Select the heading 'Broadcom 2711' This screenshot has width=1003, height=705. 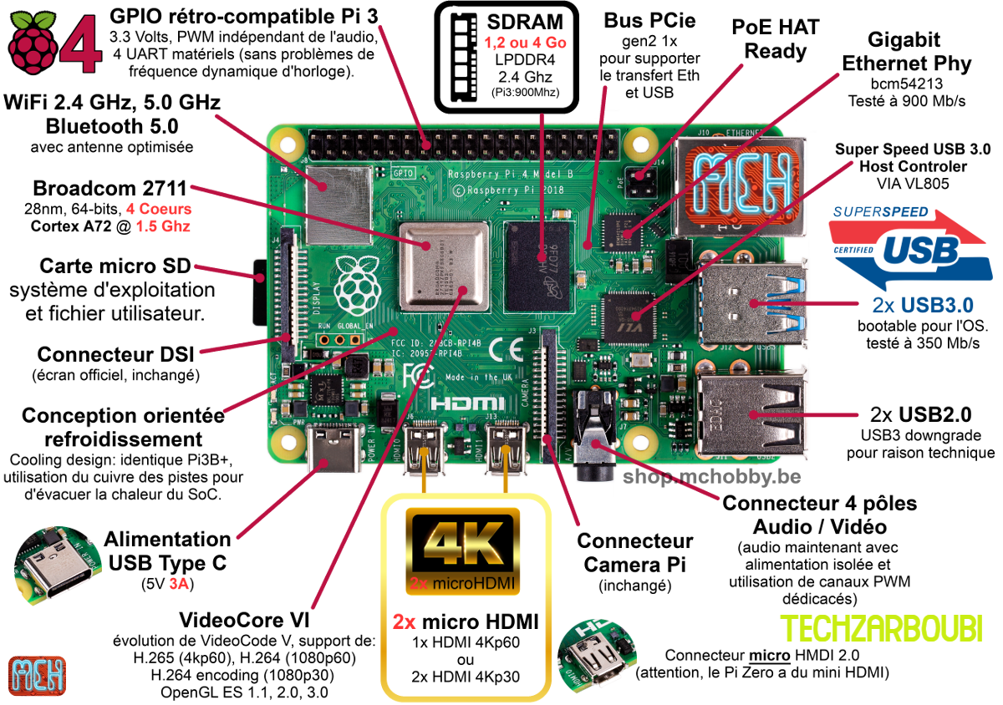[x=109, y=188]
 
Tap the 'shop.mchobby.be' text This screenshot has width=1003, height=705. [x=711, y=477]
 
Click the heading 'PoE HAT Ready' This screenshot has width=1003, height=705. [x=776, y=39]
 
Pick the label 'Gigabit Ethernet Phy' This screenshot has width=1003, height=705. [x=907, y=52]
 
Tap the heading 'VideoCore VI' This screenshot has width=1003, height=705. [x=244, y=621]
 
